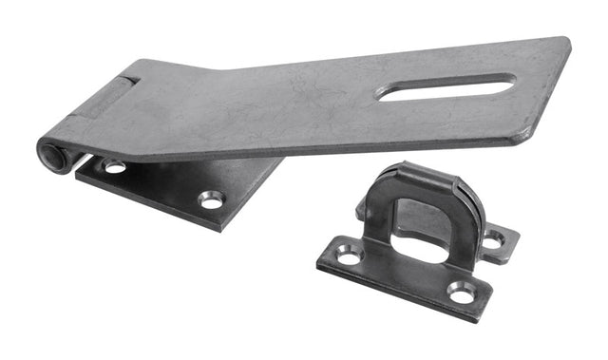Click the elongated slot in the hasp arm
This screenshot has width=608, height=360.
click(x=446, y=87)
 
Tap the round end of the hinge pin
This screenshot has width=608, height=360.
click(x=51, y=153)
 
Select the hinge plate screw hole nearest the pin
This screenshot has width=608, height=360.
click(x=115, y=167)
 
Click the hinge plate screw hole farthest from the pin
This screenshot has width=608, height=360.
click(x=211, y=199)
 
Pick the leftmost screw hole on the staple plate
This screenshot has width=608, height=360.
click(x=349, y=254)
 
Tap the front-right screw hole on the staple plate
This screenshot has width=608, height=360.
click(x=463, y=294)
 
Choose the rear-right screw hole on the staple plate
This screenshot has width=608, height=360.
click(x=493, y=240)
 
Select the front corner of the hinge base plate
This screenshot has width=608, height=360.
click(x=219, y=226)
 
